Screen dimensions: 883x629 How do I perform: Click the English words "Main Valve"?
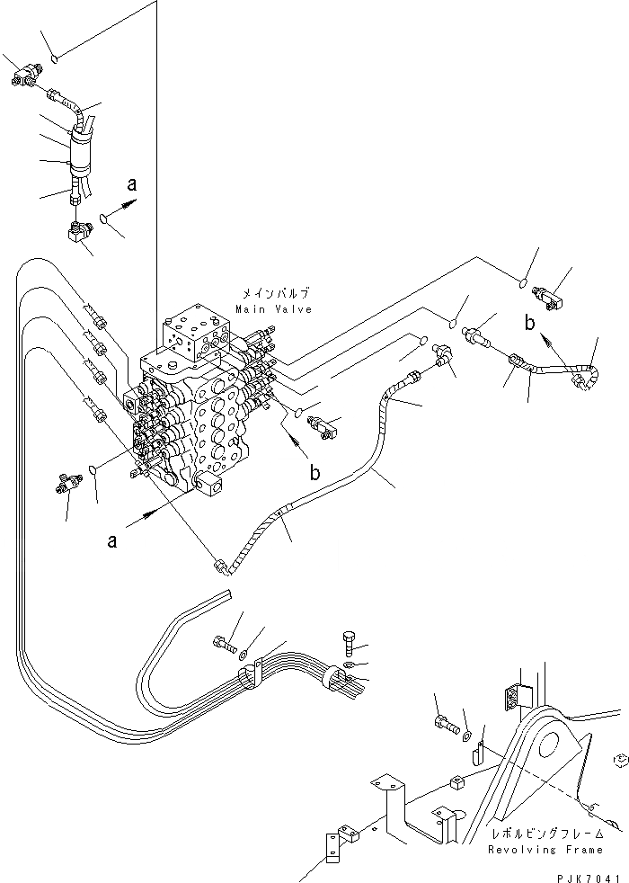[x=274, y=309]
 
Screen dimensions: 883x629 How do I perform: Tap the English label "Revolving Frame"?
[x=545, y=849]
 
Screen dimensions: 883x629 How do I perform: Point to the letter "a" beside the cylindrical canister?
[x=131, y=186]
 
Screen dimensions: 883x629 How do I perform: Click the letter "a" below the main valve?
[x=112, y=540]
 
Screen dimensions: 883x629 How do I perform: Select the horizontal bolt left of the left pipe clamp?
[x=224, y=644]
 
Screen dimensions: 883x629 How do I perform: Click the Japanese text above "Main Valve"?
[x=275, y=294]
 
